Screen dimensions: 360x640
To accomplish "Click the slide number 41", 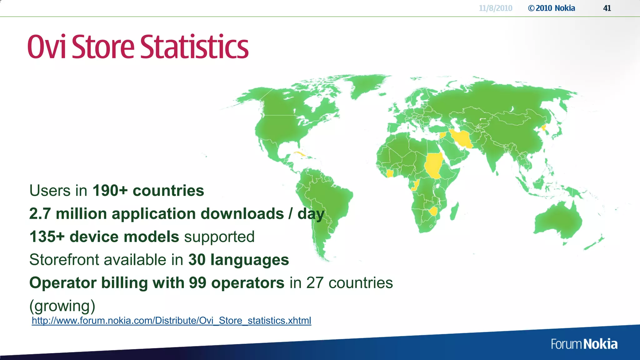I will tap(607, 8).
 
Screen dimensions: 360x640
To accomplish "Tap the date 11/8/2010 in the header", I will tap(495, 8).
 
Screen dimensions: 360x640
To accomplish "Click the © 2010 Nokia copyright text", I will tap(552, 8).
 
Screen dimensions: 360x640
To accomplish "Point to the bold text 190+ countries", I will tap(148, 191).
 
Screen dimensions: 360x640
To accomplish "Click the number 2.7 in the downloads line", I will tap(40, 214).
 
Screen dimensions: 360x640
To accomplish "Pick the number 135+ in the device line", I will tap(47, 237).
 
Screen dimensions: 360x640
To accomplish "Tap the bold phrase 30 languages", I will tap(238, 260).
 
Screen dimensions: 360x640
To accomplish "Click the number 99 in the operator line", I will tap(197, 283).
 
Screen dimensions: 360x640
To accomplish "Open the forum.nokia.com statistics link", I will tap(171, 321).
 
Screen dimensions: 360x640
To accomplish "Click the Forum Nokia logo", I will tap(584, 344).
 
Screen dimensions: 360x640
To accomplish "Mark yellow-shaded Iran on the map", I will tap(462, 139).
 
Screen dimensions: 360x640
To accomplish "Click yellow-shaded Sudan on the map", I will tap(433, 165).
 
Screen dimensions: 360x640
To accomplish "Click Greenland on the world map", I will tap(366, 84).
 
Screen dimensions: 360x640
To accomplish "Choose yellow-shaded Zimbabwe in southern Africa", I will tap(433, 211).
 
